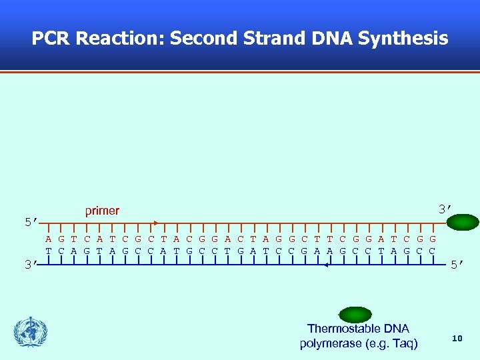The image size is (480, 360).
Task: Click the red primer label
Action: pyautogui.click(x=102, y=211)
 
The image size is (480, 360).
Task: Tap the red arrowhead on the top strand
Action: pyautogui.click(x=155, y=223)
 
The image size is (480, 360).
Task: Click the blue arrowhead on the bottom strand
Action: pyautogui.click(x=325, y=265)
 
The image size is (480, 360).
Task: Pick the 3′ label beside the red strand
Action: pyautogui.click(x=445, y=209)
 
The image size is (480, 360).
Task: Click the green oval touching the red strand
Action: pyautogui.click(x=463, y=223)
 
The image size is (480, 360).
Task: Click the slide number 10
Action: pyautogui.click(x=457, y=339)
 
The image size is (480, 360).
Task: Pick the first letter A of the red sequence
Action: pyautogui.click(x=49, y=239)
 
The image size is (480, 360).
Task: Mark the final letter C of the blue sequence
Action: pyautogui.click(x=433, y=251)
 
